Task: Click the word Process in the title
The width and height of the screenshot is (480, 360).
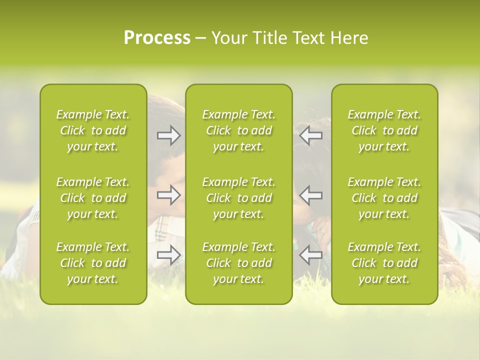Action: click(157, 38)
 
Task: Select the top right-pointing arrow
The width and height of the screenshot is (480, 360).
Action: click(169, 135)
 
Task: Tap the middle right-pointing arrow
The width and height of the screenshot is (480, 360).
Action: click(169, 195)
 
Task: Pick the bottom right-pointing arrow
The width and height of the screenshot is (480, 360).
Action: click(169, 255)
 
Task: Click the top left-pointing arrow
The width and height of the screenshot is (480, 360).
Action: click(310, 135)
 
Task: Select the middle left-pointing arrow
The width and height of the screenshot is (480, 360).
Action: click(310, 195)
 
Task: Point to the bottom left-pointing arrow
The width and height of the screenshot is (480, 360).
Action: click(310, 255)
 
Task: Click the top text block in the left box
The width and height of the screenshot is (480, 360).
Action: click(93, 130)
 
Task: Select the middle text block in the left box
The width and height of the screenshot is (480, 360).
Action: click(93, 198)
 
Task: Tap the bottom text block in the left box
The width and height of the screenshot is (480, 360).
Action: click(93, 263)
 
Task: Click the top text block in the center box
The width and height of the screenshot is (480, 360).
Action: click(238, 130)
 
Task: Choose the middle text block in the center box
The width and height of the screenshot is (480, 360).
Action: click(238, 198)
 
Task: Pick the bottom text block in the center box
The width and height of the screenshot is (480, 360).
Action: click(238, 263)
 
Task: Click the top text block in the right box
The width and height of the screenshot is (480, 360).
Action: click(384, 130)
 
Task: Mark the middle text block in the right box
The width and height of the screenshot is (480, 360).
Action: click(384, 198)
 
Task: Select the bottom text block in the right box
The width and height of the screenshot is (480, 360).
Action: click(384, 263)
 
